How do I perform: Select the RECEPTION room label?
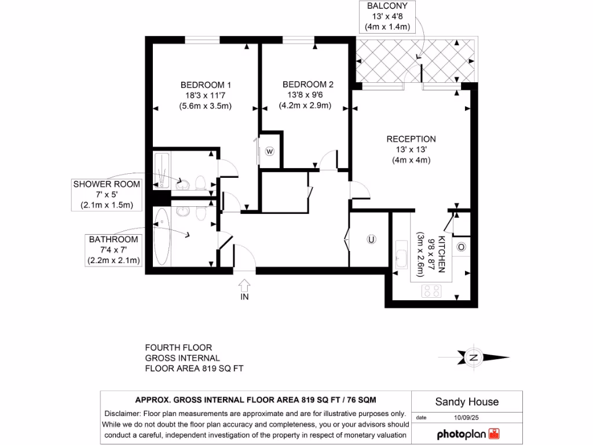411,139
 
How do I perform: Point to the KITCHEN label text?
441,254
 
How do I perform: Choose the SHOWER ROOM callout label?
107,185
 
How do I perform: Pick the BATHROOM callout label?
114,239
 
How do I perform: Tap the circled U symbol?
371,239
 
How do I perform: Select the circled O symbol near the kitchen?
461,247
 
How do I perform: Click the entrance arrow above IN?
244,284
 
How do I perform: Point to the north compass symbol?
474,358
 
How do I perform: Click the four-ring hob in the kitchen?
431,290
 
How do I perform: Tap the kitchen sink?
401,256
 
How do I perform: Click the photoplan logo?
467,433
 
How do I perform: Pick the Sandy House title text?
467,402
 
